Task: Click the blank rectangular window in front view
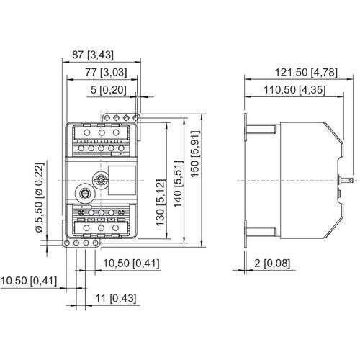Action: tap(122, 178)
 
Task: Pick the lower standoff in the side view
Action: tap(264, 231)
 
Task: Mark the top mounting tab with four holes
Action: tap(120, 117)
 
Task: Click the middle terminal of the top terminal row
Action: tap(102, 133)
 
